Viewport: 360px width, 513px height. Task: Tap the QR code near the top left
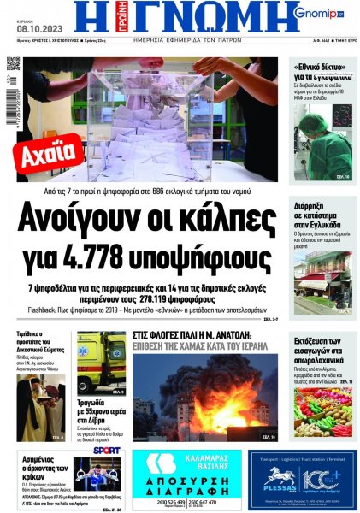click(x=13, y=65)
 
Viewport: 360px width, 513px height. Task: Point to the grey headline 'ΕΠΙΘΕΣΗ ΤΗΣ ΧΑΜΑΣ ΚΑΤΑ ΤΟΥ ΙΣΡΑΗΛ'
click(x=203, y=345)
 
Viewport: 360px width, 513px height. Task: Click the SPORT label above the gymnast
click(x=108, y=450)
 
